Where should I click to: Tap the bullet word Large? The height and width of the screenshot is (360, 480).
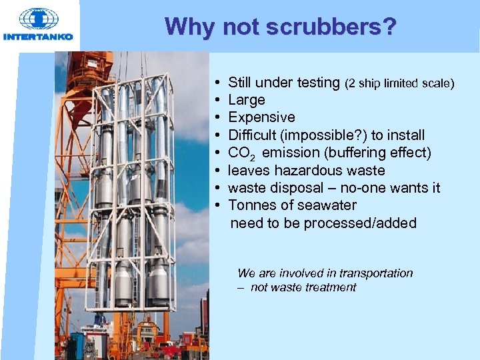point(246,100)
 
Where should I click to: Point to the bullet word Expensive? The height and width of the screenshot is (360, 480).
point(261,117)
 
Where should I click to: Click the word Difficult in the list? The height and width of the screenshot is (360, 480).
point(252,135)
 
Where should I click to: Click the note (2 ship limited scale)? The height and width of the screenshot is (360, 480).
point(399,83)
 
